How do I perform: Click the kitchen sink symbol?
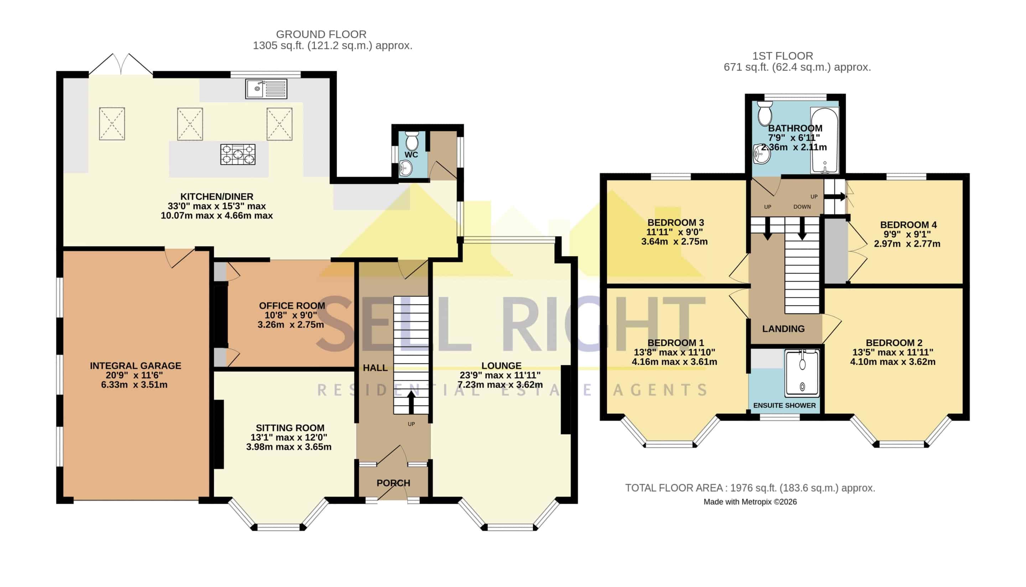pos(266,89)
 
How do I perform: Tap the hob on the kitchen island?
pos(238,154)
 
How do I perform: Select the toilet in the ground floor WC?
pos(412,140)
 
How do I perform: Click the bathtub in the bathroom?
pos(824,140)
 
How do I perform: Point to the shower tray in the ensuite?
pos(802,373)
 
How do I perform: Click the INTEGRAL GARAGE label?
pos(135,366)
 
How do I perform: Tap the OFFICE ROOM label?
pos(292,305)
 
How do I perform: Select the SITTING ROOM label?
pos(290,428)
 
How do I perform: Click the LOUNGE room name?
pos(501,366)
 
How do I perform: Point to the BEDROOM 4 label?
pos(908,225)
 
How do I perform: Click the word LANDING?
pos(783,329)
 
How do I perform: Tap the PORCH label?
pos(393,483)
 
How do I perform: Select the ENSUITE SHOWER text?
pos(784,406)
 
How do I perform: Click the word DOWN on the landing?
pos(802,207)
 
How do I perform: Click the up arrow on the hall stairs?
pos(411,402)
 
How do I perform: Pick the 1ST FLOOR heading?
pos(783,56)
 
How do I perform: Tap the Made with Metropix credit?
pos(750,502)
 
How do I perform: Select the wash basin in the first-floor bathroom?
pos(762,154)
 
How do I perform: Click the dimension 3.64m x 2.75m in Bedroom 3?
pos(674,242)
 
